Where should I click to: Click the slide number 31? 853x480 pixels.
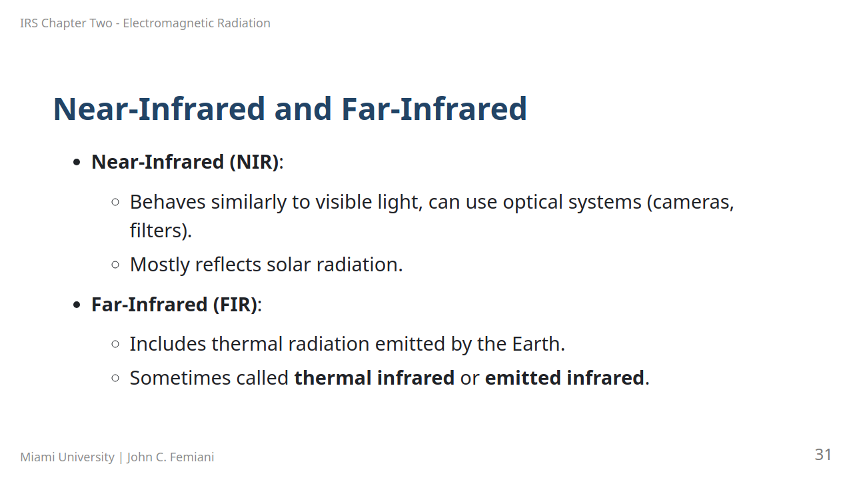point(823,455)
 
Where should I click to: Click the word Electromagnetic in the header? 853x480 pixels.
point(169,23)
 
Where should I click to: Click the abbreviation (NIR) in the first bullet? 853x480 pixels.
point(255,162)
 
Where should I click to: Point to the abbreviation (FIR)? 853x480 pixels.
point(235,305)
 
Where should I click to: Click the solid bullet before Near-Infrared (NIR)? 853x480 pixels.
point(77,163)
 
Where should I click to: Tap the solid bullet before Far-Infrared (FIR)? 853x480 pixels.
point(77,305)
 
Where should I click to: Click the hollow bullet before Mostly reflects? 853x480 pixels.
point(115,265)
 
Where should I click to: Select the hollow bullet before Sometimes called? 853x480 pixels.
point(115,378)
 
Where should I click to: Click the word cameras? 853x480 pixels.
point(690,202)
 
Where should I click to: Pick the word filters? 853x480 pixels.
point(161,231)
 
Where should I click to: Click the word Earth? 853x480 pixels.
point(538,344)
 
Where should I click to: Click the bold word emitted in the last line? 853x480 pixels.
point(522,378)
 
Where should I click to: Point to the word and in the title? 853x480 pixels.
point(303,109)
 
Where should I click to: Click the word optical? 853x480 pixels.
point(532,202)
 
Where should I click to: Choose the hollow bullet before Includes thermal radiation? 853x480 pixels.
point(115,344)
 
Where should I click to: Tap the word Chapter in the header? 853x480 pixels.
point(77,23)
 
